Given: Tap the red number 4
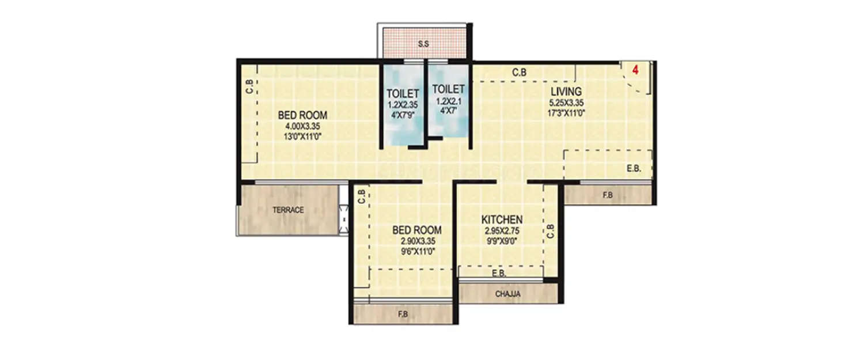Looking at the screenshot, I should pyautogui.click(x=635, y=70).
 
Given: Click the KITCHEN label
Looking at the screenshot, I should pyautogui.click(x=502, y=219).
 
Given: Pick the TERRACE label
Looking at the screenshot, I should pyautogui.click(x=288, y=210).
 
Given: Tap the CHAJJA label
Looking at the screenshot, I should pyautogui.click(x=508, y=294).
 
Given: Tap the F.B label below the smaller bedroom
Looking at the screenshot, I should pyautogui.click(x=403, y=315).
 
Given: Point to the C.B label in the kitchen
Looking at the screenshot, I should pyautogui.click(x=550, y=231).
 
